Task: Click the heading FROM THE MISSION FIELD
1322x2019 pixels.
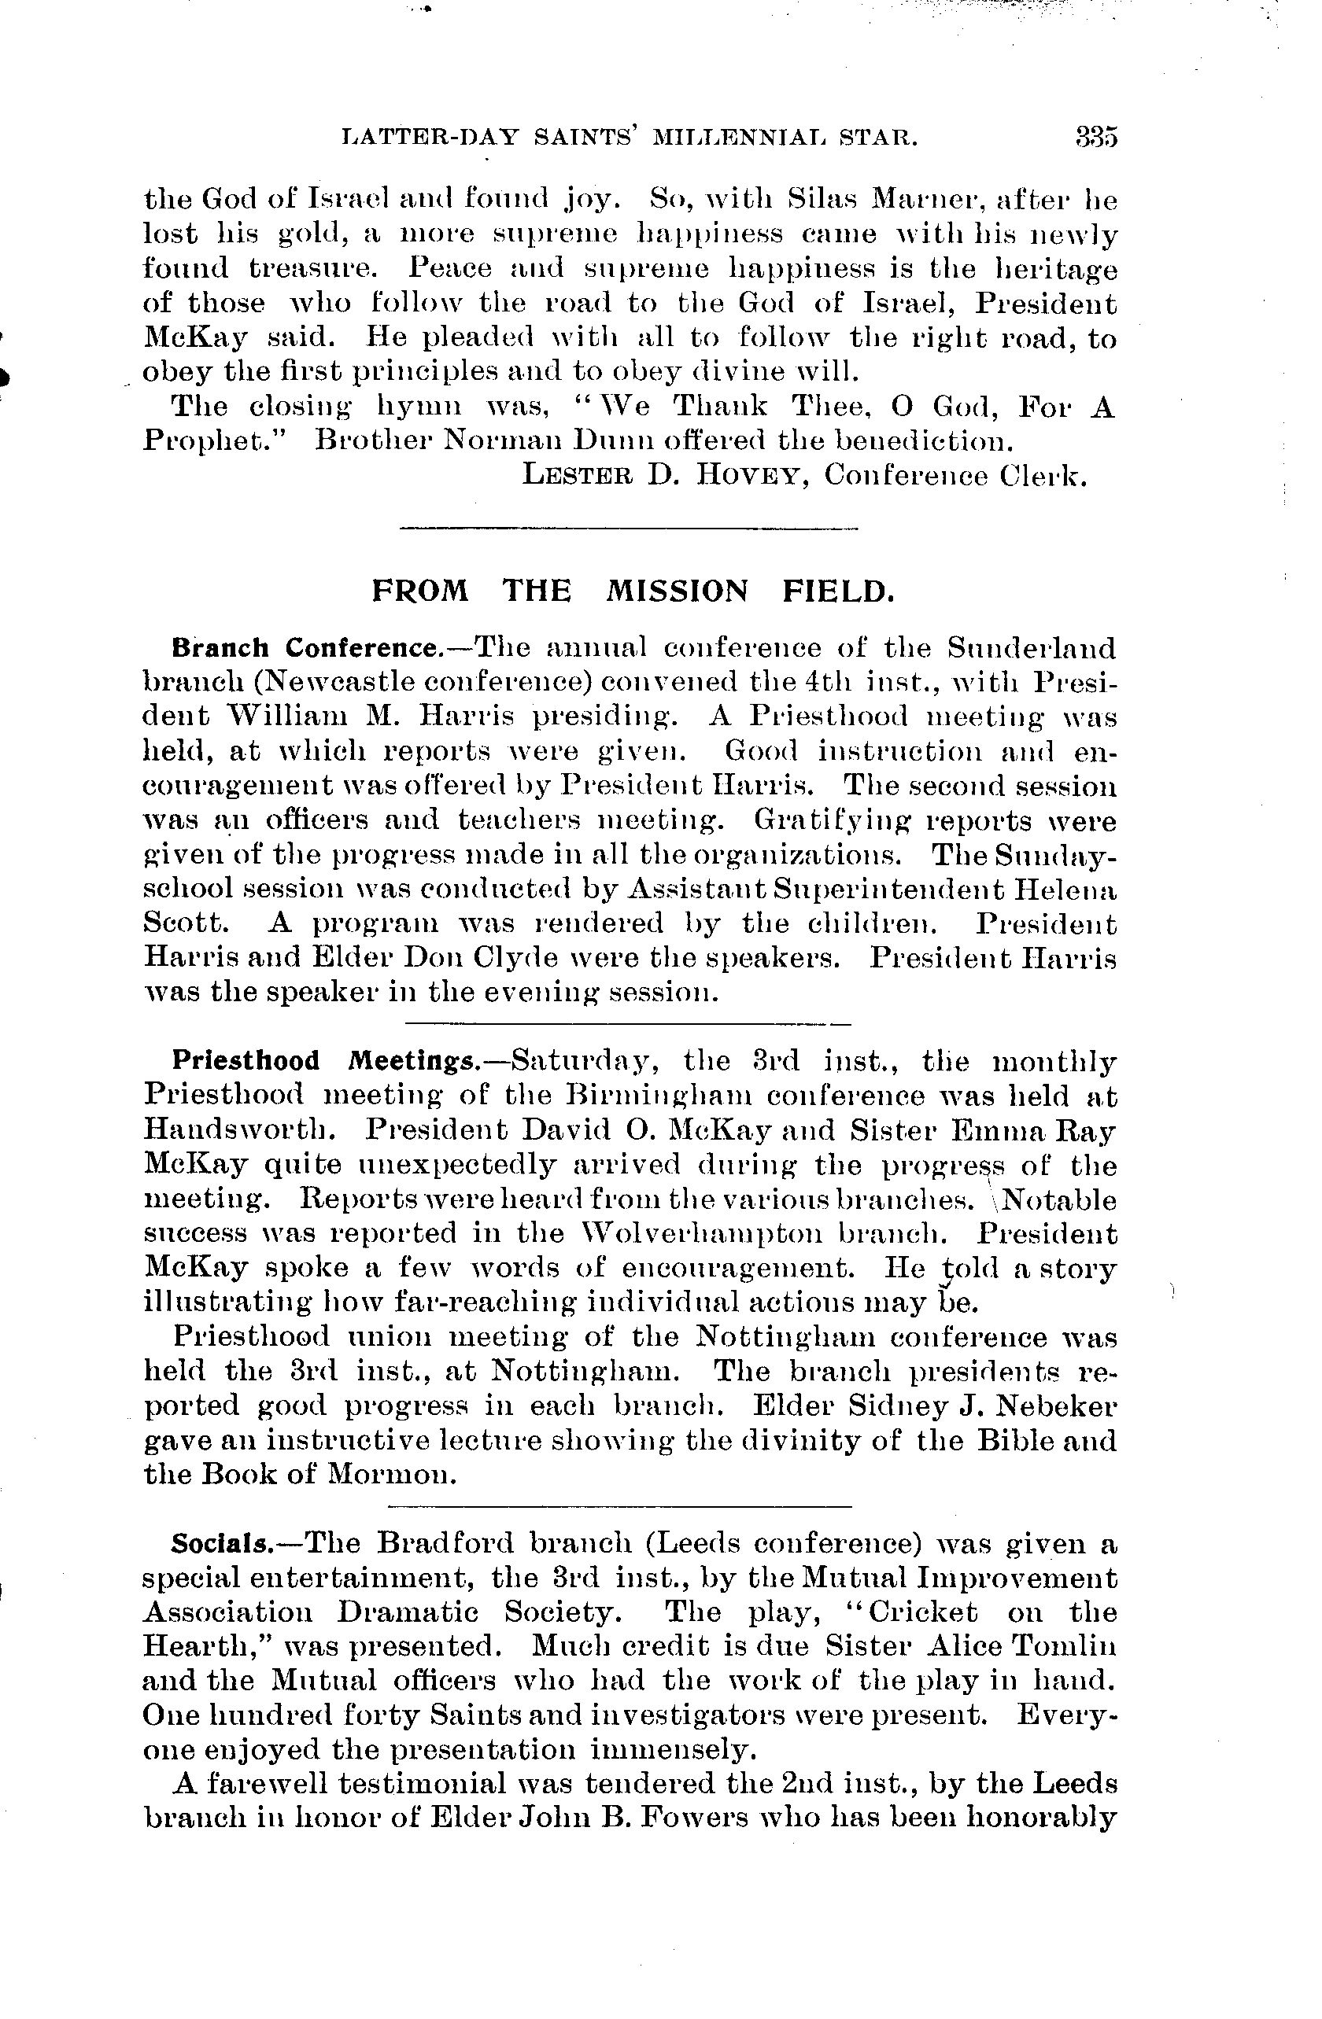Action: tap(633, 591)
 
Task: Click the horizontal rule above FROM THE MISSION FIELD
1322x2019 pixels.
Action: tap(629, 529)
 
